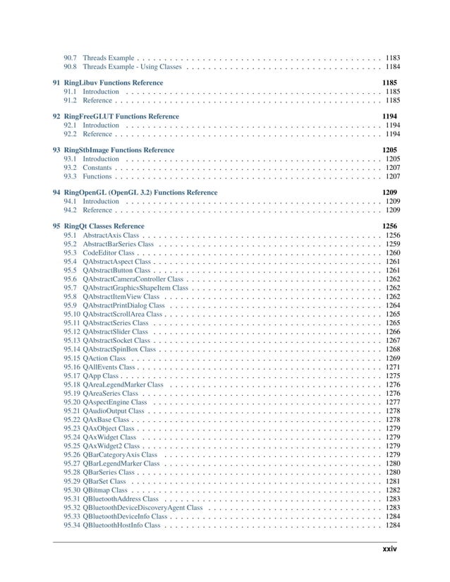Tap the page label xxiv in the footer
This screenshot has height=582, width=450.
[x=389, y=549]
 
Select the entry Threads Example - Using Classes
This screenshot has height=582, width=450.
[x=131, y=66]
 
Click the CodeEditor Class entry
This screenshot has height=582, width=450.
[x=109, y=253]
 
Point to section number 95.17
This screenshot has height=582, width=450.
[x=71, y=376]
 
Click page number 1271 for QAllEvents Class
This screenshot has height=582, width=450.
[x=393, y=367]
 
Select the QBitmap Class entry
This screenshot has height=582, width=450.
[x=105, y=490]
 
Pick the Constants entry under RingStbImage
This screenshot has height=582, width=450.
[x=97, y=168]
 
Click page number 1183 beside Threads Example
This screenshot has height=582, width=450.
[x=393, y=56]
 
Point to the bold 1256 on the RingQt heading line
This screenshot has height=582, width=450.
[x=389, y=226]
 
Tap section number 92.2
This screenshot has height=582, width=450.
[x=70, y=133]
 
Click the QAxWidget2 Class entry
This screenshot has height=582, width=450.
[x=112, y=446]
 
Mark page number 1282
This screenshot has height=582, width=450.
[x=393, y=490]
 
